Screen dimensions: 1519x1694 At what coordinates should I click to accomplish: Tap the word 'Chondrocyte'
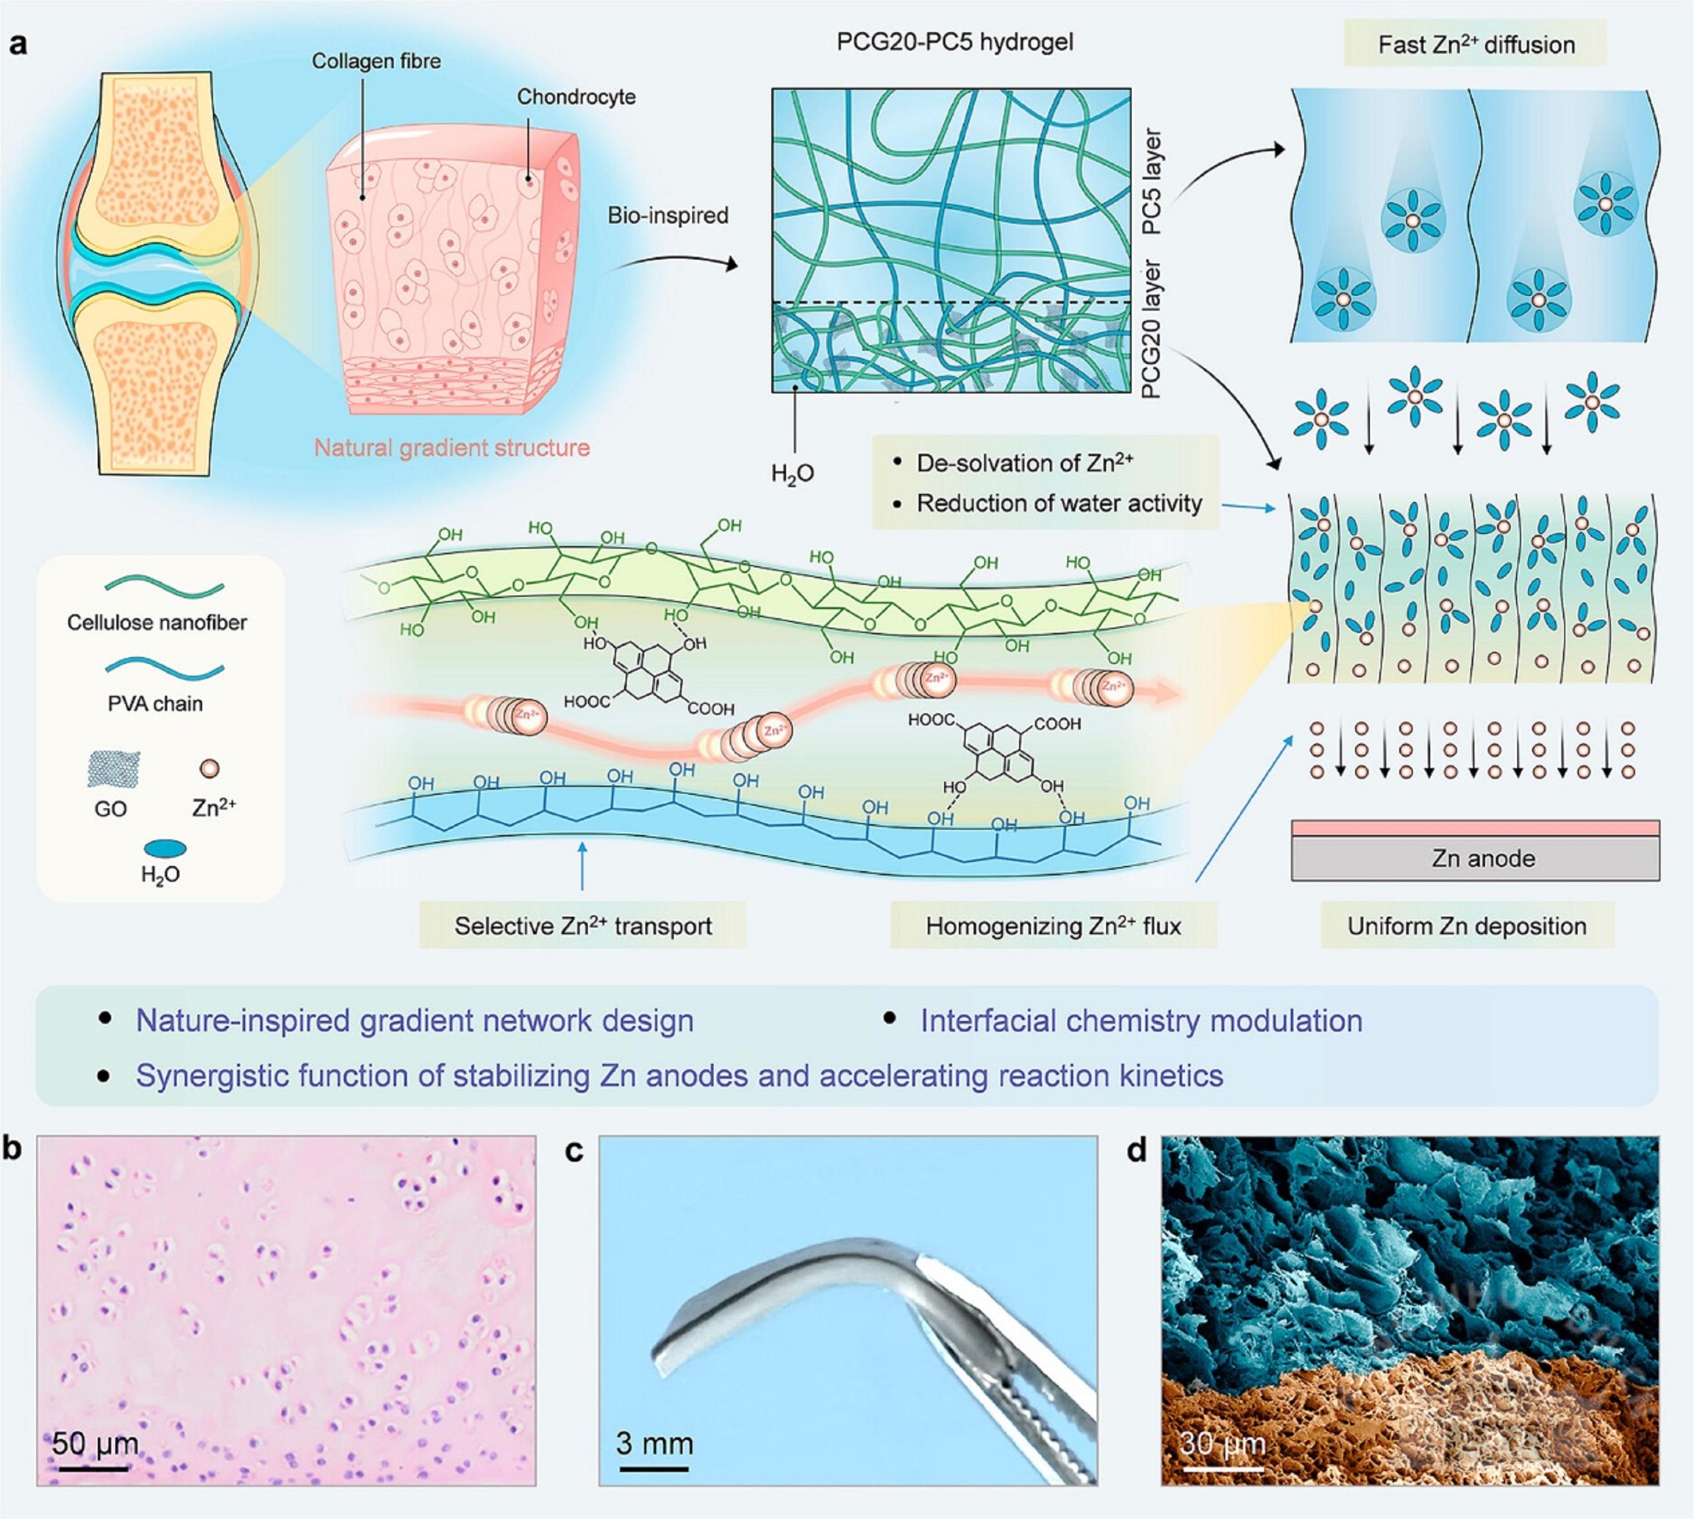(576, 97)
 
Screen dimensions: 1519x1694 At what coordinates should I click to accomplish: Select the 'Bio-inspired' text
(668, 215)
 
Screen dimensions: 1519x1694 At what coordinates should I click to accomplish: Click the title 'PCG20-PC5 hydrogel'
(954, 42)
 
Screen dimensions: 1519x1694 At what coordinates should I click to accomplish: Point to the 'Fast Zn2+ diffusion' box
(1475, 44)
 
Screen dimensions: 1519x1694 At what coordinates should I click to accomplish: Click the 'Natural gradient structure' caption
(452, 448)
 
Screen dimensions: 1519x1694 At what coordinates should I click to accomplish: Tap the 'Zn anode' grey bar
(1475, 858)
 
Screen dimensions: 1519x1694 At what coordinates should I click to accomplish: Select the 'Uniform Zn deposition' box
(1467, 926)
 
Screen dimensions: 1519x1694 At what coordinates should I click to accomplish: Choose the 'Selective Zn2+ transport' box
(583, 926)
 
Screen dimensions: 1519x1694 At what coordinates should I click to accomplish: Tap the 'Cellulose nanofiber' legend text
(157, 622)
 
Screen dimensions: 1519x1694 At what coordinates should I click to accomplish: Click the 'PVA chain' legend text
(155, 703)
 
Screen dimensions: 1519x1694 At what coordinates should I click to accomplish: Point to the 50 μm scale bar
(93, 1467)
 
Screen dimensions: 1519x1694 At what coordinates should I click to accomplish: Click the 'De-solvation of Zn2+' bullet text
(1024, 463)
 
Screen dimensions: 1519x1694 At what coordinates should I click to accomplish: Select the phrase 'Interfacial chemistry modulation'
(1141, 1021)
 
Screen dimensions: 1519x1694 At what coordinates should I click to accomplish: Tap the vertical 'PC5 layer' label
(1151, 181)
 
